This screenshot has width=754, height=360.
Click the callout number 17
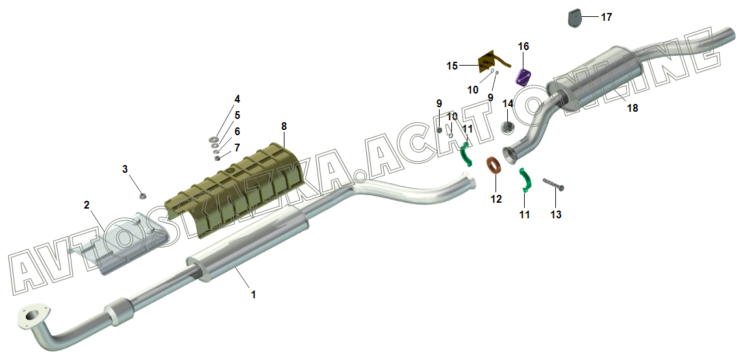click(x=607, y=18)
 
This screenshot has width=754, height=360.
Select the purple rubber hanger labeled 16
click(x=523, y=77)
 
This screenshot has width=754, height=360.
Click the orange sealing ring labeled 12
click(x=494, y=167)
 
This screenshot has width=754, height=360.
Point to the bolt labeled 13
click(x=553, y=183)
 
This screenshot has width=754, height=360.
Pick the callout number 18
click(x=633, y=109)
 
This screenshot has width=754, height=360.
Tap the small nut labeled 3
click(x=142, y=196)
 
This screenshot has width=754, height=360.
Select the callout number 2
click(x=86, y=205)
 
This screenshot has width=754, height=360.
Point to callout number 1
click(x=253, y=294)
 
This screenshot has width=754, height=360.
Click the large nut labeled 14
click(x=508, y=127)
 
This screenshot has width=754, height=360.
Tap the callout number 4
click(x=237, y=99)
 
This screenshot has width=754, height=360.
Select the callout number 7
click(x=237, y=148)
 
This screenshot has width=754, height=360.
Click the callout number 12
click(x=496, y=199)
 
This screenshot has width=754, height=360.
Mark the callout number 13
click(x=556, y=214)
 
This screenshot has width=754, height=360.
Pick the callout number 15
click(x=452, y=66)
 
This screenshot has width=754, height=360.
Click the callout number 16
click(x=523, y=46)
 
